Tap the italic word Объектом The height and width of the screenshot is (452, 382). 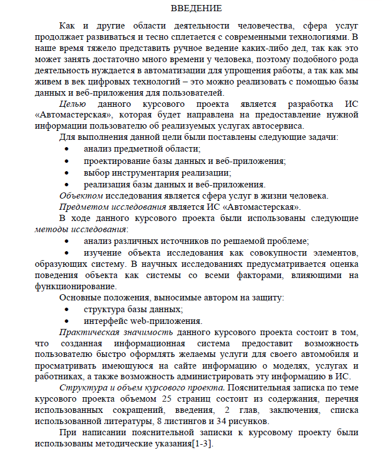[81, 195]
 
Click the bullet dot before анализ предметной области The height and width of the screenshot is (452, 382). [67, 149]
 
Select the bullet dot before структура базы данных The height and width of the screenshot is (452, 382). [67, 309]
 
